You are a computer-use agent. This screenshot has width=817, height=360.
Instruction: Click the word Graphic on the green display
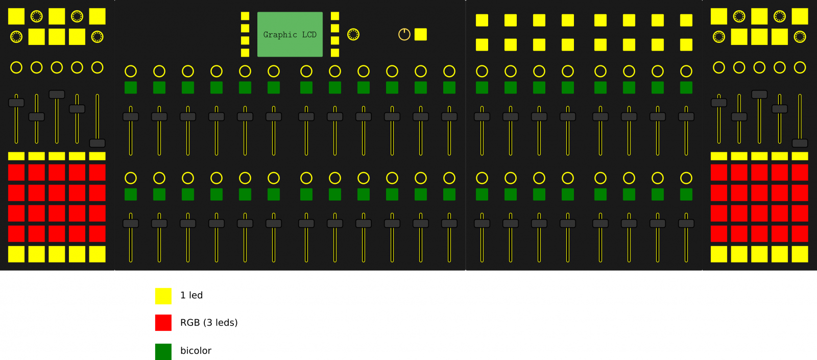(280, 35)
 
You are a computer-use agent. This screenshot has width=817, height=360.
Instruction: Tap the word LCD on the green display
(309, 35)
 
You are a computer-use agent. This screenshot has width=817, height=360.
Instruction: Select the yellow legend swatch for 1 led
(163, 296)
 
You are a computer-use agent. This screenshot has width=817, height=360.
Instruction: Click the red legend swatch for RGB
(163, 323)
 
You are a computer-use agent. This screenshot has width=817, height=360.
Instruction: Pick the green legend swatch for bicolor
(163, 351)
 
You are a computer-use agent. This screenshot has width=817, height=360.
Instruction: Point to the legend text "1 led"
(191, 295)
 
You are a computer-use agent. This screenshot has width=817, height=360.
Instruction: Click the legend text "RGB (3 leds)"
(209, 323)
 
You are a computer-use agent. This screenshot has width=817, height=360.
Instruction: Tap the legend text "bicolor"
(196, 351)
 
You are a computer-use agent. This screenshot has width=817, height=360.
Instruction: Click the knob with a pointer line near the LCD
(404, 34)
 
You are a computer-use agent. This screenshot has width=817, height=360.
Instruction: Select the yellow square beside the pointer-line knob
(421, 34)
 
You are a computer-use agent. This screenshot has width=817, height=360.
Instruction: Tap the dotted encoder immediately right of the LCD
(353, 34)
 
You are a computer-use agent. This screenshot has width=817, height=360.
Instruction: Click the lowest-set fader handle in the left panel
(98, 143)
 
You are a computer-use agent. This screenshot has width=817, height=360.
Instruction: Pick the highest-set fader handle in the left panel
(57, 94)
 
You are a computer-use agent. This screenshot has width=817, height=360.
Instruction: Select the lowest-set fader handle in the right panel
(800, 143)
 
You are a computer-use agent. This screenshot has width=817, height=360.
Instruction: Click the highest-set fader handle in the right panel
(759, 94)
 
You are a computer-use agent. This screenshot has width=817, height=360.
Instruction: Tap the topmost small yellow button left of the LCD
(245, 16)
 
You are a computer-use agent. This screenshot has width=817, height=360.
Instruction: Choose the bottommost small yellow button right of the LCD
(335, 53)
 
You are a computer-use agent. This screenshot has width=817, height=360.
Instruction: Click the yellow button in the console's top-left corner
(16, 16)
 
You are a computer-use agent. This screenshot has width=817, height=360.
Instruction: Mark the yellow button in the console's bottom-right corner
(800, 254)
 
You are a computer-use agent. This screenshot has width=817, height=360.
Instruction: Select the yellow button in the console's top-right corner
(800, 16)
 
